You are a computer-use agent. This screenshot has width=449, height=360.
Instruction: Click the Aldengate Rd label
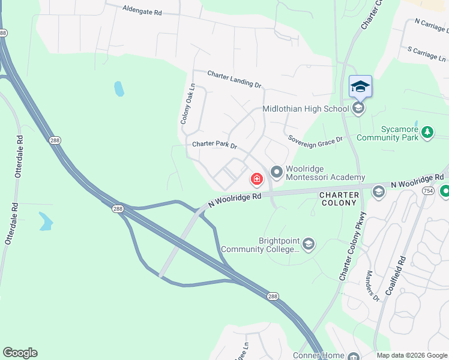point(142,11)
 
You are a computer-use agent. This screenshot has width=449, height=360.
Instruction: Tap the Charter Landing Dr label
point(235,79)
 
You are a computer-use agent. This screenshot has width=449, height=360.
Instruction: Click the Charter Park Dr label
point(215,145)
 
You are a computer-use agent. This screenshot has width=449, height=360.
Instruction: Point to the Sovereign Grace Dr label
point(315,139)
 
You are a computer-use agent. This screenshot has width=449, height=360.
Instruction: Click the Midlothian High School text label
point(306,109)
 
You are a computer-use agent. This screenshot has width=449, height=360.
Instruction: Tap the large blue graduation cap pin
point(360,87)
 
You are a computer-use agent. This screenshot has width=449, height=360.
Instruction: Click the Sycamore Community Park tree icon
point(427,131)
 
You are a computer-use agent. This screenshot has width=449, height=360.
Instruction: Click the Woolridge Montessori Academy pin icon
point(277,173)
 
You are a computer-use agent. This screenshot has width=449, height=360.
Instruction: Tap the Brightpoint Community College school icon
point(308,243)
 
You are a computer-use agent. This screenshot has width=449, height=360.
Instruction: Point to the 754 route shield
point(428,190)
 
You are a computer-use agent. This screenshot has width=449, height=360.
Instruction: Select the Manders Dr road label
point(373,286)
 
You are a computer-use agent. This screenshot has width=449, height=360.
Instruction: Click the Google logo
point(20,353)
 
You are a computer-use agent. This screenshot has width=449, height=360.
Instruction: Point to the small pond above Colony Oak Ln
point(119,89)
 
